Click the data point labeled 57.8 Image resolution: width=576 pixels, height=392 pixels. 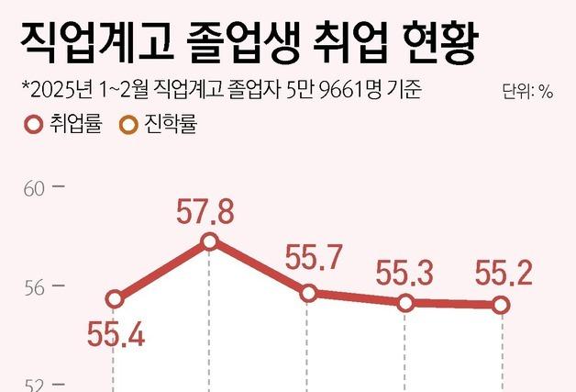209,241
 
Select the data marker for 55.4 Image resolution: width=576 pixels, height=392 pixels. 115,299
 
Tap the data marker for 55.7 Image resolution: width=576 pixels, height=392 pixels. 309,294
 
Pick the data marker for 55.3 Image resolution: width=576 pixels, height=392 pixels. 404,303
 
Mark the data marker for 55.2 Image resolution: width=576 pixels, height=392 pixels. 500,305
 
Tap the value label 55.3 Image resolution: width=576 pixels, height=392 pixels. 404,273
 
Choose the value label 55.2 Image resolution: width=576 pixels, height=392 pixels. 501,273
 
